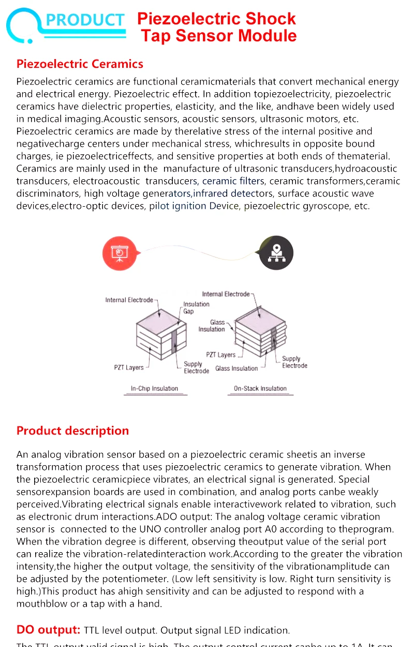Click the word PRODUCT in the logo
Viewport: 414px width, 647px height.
coord(85,20)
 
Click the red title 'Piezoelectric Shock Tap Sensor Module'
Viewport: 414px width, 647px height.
coord(217,27)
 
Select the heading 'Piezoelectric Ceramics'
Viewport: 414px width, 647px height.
coord(80,64)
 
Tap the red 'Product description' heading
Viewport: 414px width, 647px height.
coord(72,431)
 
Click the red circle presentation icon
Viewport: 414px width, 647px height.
coord(120,253)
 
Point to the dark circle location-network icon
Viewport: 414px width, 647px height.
coord(276,253)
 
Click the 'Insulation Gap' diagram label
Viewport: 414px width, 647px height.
coord(196,308)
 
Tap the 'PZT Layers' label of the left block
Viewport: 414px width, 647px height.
coord(129,368)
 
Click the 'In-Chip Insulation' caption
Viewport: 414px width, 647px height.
coord(154,389)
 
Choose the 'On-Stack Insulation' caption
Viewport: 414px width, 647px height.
coord(260,389)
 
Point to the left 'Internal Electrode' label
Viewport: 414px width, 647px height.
coord(129,300)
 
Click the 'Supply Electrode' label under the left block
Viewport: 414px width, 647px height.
coord(196,367)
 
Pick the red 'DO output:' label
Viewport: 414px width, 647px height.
coord(48,630)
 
